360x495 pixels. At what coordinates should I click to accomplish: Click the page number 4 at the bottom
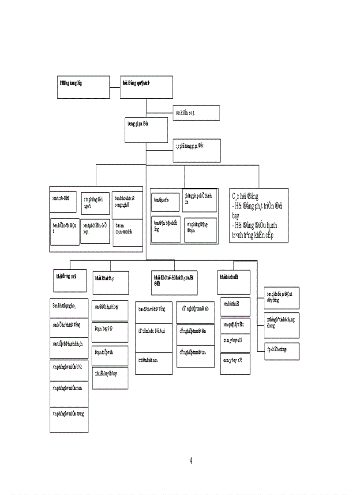(x=191, y=461)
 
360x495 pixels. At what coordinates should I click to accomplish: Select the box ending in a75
(x=235, y=342)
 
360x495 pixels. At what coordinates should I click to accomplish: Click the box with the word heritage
(x=281, y=351)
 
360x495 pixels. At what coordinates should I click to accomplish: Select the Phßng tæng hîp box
(x=84, y=86)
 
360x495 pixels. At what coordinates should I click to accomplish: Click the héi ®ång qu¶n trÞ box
(x=146, y=86)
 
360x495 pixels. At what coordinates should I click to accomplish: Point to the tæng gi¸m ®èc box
(x=146, y=130)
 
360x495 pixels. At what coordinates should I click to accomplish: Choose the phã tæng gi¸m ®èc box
(x=196, y=150)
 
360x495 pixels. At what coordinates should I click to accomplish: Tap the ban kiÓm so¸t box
(x=196, y=113)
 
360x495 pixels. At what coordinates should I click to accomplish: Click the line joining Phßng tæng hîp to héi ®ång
(x=115, y=86)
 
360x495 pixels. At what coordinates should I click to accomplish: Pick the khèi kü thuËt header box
(x=234, y=282)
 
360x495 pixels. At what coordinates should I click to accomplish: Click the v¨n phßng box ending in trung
(x=69, y=419)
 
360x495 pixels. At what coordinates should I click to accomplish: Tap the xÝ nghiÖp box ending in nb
(x=195, y=312)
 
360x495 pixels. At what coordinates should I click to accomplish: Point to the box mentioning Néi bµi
(x=154, y=337)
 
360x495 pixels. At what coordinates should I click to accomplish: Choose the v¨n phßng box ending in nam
(x=69, y=393)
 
